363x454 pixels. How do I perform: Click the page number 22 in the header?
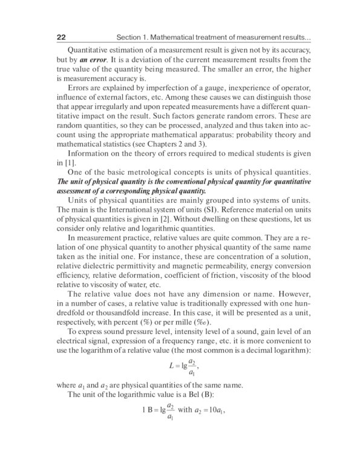[x=61, y=38]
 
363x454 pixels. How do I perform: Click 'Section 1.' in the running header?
[x=132, y=38]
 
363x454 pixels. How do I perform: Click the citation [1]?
[x=68, y=163]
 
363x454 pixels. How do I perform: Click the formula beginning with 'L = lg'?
[x=183, y=367]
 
